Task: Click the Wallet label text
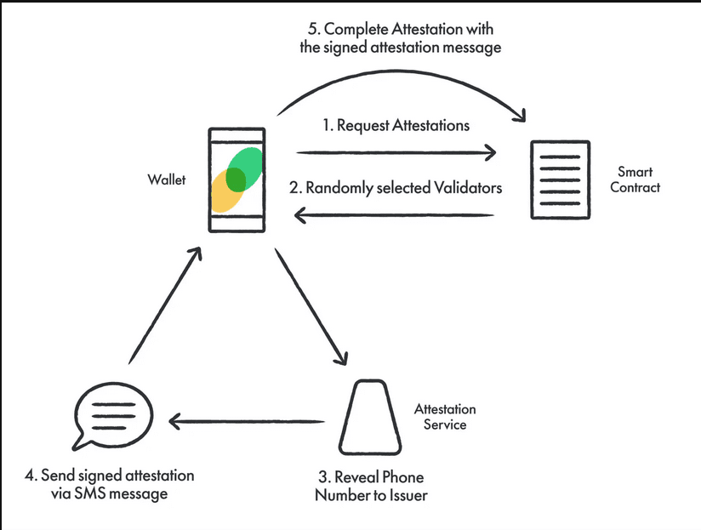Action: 165,180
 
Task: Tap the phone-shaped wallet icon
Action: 237,180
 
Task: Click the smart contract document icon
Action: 561,180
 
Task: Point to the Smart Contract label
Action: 635,180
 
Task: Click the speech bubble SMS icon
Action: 112,416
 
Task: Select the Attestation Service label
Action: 444,417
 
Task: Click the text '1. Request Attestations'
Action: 396,126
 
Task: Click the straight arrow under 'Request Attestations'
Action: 396,153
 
